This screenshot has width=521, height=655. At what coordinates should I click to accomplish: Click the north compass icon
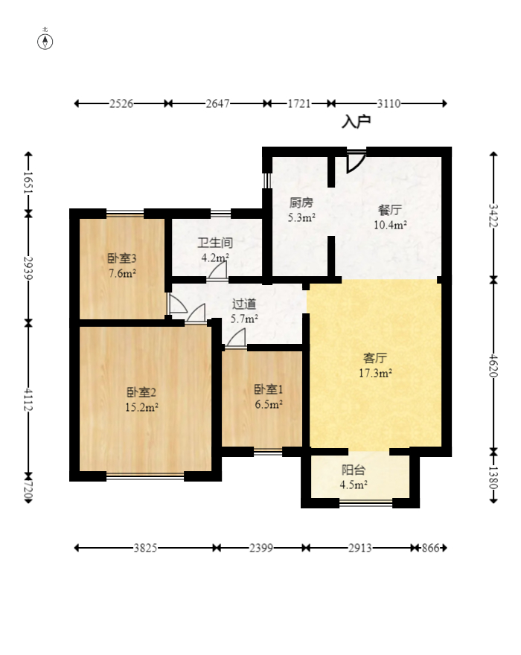[x=45, y=40]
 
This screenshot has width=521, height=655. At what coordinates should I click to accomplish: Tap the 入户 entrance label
[x=356, y=121]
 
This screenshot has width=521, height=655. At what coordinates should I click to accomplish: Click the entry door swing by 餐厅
[x=355, y=161]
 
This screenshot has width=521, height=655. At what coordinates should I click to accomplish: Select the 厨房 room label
[x=301, y=202]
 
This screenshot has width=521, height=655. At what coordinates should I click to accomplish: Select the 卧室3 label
[x=121, y=258]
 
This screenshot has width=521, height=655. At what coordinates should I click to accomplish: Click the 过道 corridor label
[x=244, y=304]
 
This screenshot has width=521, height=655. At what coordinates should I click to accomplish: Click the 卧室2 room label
[x=141, y=392]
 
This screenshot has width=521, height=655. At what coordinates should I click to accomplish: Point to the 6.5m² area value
[x=268, y=404]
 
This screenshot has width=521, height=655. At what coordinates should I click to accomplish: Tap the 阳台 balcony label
[x=354, y=470]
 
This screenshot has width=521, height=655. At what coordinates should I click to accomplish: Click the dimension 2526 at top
[x=121, y=104]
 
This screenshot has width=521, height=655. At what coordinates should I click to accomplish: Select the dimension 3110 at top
[x=389, y=104]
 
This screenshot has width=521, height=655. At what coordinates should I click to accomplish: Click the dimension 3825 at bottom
[x=145, y=548]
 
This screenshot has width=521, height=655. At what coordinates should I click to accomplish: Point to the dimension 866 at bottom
[x=431, y=548]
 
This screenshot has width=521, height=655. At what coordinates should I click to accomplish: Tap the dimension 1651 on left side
[x=28, y=182]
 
